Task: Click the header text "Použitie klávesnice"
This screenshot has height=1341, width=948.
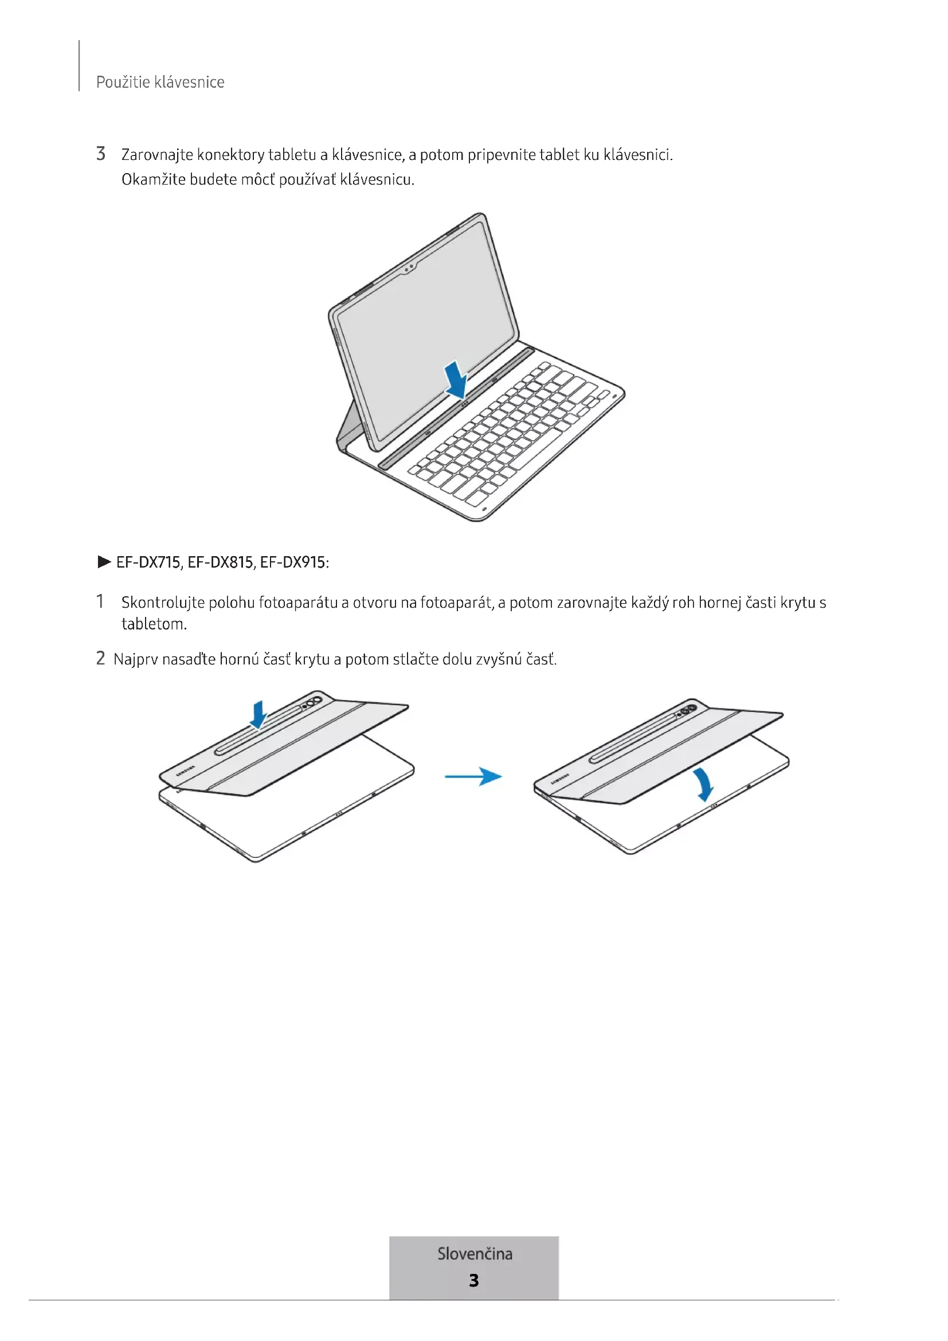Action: tap(160, 82)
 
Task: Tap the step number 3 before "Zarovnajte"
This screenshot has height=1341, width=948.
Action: tap(101, 154)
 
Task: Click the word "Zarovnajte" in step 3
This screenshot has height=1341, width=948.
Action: tap(157, 155)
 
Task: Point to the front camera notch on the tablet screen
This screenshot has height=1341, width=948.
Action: tap(409, 268)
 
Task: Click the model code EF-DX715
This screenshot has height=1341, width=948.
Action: tap(148, 562)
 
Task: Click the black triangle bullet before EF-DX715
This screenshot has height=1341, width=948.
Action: tap(104, 562)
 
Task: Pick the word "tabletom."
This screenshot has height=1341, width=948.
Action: tap(154, 624)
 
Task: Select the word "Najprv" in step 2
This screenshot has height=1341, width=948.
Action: tap(135, 659)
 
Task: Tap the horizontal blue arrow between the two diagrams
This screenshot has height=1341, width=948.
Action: tap(473, 776)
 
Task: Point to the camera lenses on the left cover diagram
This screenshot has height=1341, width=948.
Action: tap(312, 702)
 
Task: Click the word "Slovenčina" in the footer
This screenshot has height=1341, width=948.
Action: tap(475, 1254)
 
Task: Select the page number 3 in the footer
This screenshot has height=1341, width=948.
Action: tap(474, 1281)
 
